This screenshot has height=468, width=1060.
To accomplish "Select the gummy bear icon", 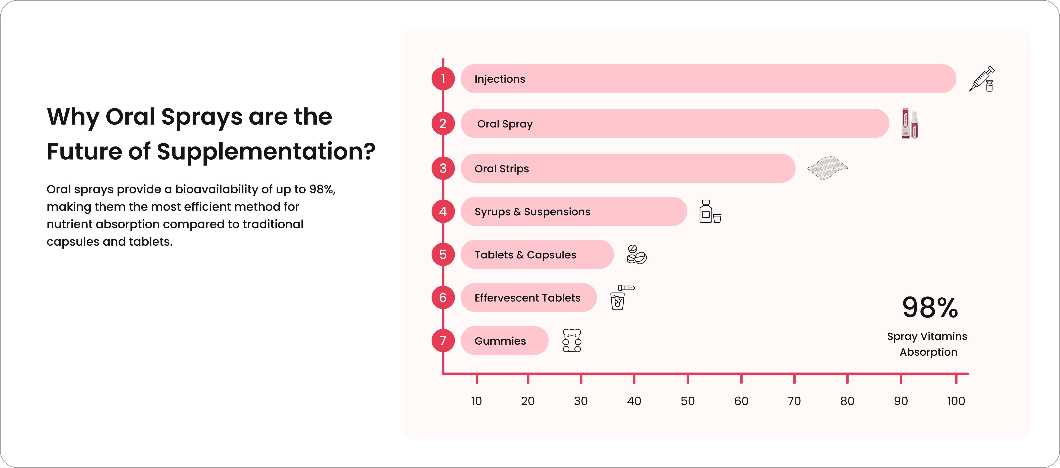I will click(x=572, y=341).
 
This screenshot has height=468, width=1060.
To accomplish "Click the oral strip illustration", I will click(x=827, y=168).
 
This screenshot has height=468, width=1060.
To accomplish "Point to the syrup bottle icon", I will click(x=709, y=212).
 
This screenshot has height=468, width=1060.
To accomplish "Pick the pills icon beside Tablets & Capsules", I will click(x=636, y=255).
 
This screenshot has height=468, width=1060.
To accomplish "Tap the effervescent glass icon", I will click(x=620, y=297).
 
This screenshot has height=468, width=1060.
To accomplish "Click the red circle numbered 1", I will click(x=443, y=79).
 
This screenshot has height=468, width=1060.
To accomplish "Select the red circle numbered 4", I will click(x=443, y=211).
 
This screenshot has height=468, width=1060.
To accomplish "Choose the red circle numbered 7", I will click(x=443, y=341).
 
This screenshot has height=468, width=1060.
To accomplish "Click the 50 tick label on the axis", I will click(x=687, y=401).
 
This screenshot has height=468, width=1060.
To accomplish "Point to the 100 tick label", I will click(x=956, y=401).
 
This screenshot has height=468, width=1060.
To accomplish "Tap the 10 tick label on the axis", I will click(x=476, y=401).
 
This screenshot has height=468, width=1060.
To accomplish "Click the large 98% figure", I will click(x=930, y=308).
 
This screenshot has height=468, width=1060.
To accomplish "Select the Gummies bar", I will click(x=504, y=341).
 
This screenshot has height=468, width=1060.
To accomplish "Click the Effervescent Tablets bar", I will click(x=528, y=297).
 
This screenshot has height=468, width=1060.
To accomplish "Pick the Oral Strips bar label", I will click(x=502, y=169).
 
